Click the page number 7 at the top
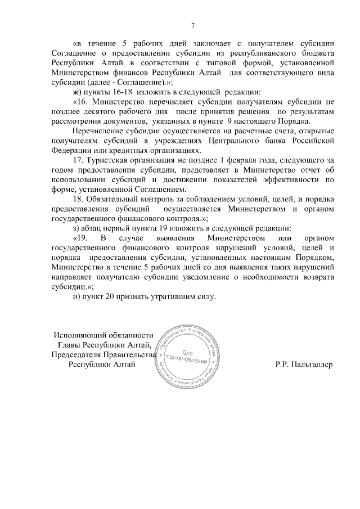point(193,25)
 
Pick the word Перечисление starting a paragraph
point(98,130)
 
